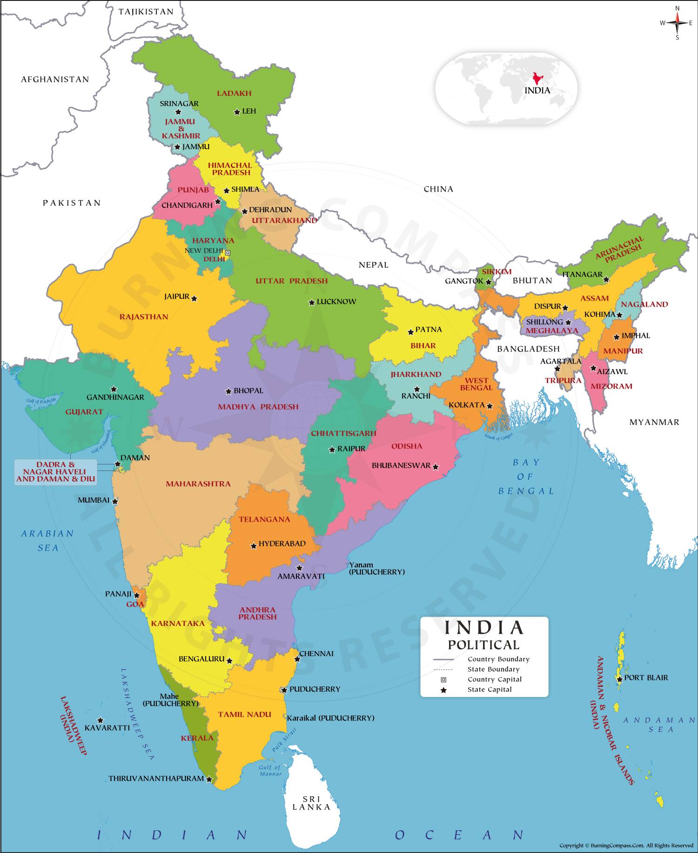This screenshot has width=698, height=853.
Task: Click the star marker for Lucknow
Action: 311,302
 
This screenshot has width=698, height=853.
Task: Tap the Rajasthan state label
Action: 144,317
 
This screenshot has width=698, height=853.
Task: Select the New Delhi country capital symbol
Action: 228,253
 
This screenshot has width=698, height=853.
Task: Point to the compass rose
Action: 677,23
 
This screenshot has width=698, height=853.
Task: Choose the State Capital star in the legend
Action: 443,690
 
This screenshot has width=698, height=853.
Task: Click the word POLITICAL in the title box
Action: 483,645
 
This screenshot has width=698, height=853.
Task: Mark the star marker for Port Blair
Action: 620,679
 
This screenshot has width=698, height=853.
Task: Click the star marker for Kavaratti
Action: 100,720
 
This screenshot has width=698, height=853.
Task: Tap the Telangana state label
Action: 264,519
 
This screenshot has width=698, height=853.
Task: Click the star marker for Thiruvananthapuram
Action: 209,779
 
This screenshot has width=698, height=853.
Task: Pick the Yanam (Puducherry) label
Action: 376,568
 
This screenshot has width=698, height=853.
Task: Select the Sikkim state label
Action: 497,272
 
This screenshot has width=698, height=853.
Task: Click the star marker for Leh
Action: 237,112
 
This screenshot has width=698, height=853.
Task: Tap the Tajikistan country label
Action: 146,12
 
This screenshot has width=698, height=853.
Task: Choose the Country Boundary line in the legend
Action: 443,659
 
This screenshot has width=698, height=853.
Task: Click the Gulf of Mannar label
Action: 270,771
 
